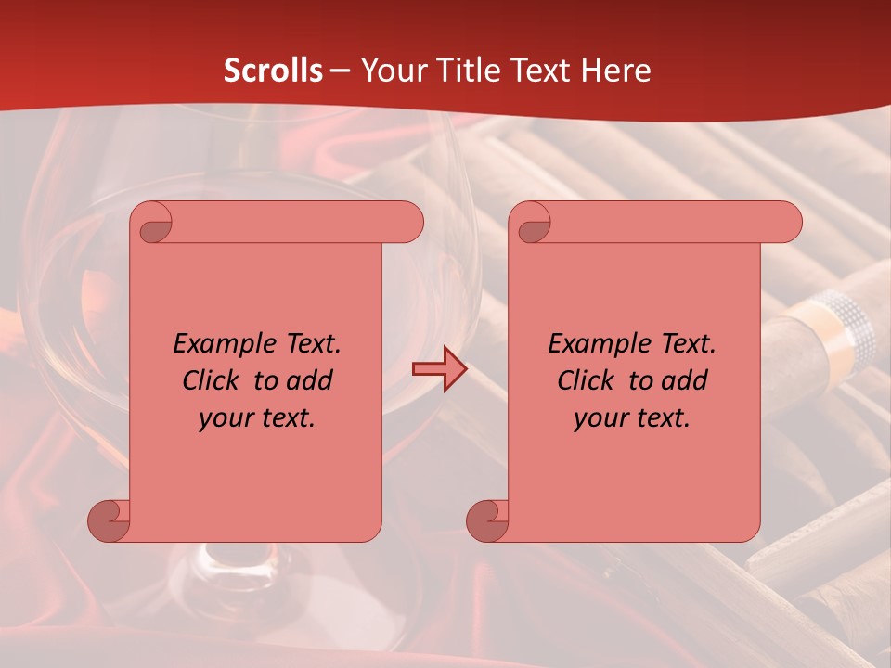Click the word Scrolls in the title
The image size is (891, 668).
point(273,71)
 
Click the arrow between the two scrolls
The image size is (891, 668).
point(439,370)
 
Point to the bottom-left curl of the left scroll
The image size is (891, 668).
point(109,520)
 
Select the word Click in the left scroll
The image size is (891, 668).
point(212,380)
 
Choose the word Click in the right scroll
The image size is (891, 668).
point(587,380)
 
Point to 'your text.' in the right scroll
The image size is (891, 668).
point(632,417)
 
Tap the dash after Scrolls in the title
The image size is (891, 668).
point(340,71)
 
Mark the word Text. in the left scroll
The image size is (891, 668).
point(309,344)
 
